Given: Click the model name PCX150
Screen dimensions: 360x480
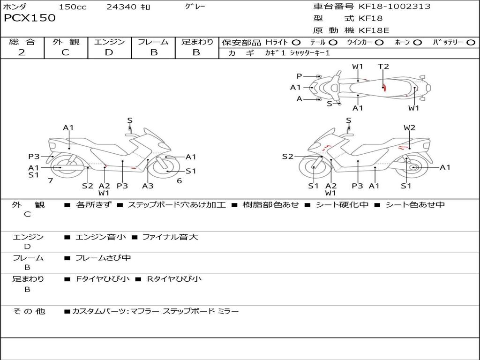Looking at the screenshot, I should [x=30, y=18].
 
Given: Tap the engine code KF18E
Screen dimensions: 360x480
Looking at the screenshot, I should [x=374, y=31].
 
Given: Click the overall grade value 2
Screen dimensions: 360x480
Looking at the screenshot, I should [x=22, y=52].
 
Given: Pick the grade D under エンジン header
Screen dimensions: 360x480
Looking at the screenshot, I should [x=109, y=52].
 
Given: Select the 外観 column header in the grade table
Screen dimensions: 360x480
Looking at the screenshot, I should [x=66, y=42].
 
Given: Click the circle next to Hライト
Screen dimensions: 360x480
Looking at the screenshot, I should [x=296, y=43].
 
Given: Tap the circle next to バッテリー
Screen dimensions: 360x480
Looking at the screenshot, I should [x=471, y=43].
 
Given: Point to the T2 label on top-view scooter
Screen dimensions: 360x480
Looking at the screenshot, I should [x=383, y=67].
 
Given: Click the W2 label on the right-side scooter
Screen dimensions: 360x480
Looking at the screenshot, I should [x=409, y=127].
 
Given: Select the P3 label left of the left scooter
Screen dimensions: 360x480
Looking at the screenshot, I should [x=34, y=157].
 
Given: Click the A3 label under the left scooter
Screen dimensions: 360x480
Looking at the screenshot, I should [x=148, y=186].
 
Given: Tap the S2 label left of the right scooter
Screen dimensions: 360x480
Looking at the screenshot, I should [x=287, y=157].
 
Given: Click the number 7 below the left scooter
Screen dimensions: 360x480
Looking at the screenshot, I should [x=50, y=180].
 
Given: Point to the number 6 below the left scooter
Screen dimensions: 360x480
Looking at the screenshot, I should [x=179, y=180].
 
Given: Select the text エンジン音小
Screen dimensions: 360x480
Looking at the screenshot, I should [x=101, y=237].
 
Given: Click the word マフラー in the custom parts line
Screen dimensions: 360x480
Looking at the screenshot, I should [x=144, y=311].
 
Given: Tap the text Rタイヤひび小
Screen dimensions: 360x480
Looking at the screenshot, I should [x=174, y=279].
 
